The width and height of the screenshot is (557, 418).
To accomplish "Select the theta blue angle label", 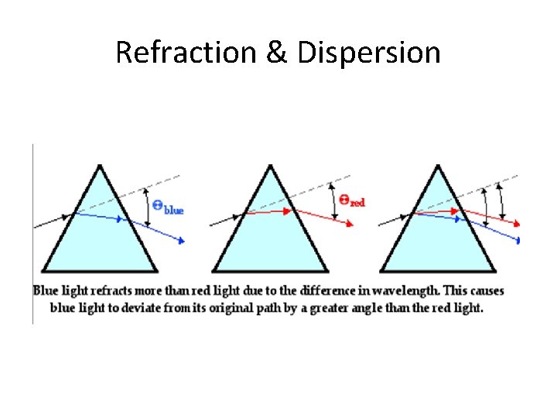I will (x=168, y=207).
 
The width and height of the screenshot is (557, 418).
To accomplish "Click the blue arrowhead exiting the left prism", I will (x=181, y=241).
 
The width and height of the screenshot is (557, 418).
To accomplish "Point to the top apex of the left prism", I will (x=100, y=165).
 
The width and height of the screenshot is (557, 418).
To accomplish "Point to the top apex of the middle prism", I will (x=269, y=165).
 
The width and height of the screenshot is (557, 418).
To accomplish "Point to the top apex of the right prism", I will (x=437, y=165).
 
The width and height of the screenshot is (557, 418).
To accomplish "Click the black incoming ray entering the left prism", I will (x=53, y=220).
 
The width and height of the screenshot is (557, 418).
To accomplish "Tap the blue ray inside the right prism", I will (x=437, y=217).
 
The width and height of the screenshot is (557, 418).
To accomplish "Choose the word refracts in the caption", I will (x=128, y=292).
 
